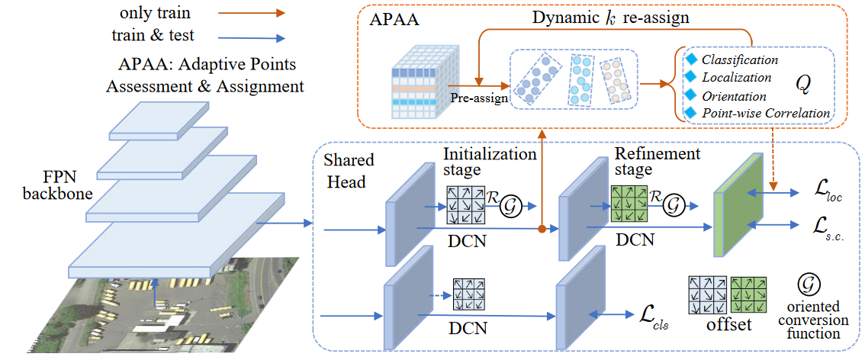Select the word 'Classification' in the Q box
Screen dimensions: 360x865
pos(740,59)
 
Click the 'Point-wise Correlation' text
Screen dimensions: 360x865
pos(766,113)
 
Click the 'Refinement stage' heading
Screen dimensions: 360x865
pos(658,161)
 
